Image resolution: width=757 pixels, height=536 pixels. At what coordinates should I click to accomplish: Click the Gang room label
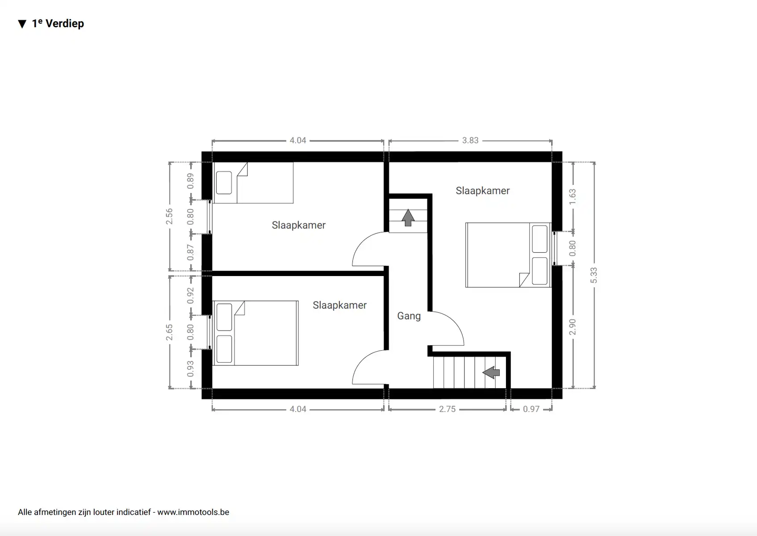pyautogui.click(x=409, y=316)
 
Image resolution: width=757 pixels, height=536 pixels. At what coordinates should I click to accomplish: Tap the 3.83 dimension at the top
pyautogui.click(x=470, y=140)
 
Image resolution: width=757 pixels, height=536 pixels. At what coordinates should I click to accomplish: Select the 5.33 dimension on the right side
pyautogui.click(x=594, y=275)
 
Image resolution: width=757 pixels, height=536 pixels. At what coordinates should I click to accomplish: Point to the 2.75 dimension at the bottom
pyautogui.click(x=447, y=409)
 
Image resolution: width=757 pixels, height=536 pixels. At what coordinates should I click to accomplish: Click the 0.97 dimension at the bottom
pyautogui.click(x=531, y=409)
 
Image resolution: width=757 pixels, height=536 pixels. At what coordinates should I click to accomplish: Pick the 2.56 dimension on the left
pyautogui.click(x=169, y=216)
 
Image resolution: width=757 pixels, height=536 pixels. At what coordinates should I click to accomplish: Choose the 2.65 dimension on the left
pyautogui.click(x=169, y=332)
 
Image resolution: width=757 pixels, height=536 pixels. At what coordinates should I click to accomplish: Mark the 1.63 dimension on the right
pyautogui.click(x=573, y=197)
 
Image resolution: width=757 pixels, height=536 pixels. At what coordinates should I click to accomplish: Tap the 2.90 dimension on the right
pyautogui.click(x=573, y=327)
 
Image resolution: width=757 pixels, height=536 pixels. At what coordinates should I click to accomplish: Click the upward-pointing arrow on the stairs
pyautogui.click(x=408, y=218)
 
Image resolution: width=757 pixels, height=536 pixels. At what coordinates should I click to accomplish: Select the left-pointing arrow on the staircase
pyautogui.click(x=491, y=372)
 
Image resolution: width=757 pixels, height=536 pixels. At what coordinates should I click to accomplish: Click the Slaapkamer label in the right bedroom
pyautogui.click(x=482, y=191)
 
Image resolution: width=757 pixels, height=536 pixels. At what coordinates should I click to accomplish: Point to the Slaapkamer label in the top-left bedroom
pyautogui.click(x=298, y=225)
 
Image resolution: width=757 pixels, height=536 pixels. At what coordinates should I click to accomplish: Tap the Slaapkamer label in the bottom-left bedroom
pyautogui.click(x=339, y=305)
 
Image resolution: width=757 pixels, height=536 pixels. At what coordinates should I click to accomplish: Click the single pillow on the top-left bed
pyautogui.click(x=224, y=183)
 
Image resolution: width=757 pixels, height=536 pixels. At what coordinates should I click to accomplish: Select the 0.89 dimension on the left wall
pyautogui.click(x=191, y=180)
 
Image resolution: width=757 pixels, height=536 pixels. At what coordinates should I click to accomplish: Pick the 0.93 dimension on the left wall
pyautogui.click(x=191, y=368)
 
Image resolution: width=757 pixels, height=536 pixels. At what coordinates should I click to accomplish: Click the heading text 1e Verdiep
pyautogui.click(x=58, y=24)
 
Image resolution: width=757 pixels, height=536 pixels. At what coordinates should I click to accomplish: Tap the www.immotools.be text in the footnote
pyautogui.click(x=193, y=512)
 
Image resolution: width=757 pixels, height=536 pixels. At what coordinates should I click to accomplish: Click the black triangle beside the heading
pyautogui.click(x=22, y=24)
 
